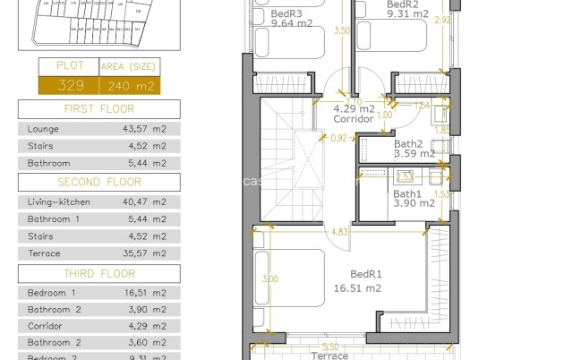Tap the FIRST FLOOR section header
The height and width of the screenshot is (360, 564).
[98, 110]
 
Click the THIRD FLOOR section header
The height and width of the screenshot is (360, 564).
[98, 274]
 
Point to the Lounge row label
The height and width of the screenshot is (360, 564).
[44, 129]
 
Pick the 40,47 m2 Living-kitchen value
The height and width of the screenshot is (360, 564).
[144, 202]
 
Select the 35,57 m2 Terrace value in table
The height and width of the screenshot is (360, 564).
[144, 253]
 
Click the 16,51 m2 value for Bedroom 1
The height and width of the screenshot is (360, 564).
[144, 293]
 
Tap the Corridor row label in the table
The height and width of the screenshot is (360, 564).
[45, 326]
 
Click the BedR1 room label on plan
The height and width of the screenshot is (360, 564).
[366, 275]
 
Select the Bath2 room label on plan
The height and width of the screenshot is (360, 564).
[407, 143]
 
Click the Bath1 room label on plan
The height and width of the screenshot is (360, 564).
[406, 193]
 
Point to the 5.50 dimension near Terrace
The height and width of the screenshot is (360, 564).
[330, 347]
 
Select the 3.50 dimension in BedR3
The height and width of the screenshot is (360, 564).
[340, 30]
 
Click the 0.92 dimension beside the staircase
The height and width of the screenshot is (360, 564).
[338, 138]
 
